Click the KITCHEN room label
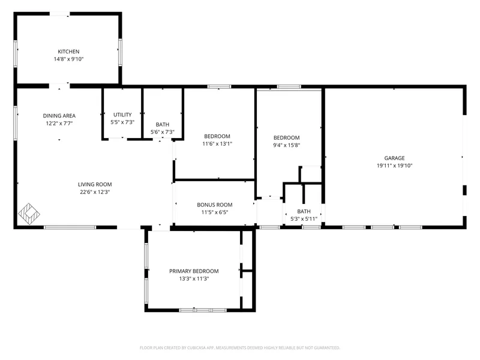(x=68, y=52)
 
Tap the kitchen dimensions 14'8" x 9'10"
(x=68, y=59)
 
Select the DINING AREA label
(x=59, y=116)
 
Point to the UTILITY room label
(x=122, y=115)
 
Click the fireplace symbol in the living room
(x=29, y=214)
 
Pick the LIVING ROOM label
(x=95, y=184)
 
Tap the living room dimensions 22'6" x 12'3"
(x=95, y=192)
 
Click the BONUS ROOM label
(x=215, y=205)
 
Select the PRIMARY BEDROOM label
(x=194, y=271)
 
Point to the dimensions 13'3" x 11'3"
(x=194, y=278)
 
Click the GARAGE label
(x=395, y=158)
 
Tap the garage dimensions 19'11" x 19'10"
(x=395, y=166)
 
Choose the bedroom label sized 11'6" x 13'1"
(x=217, y=136)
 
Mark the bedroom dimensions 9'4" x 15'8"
(x=287, y=145)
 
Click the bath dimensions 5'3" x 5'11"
(x=304, y=219)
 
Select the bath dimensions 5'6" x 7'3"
(x=163, y=132)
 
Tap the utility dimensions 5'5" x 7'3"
(x=122, y=122)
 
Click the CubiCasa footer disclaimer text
(x=240, y=348)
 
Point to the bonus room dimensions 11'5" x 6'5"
(x=215, y=212)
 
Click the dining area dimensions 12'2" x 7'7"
(x=59, y=124)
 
